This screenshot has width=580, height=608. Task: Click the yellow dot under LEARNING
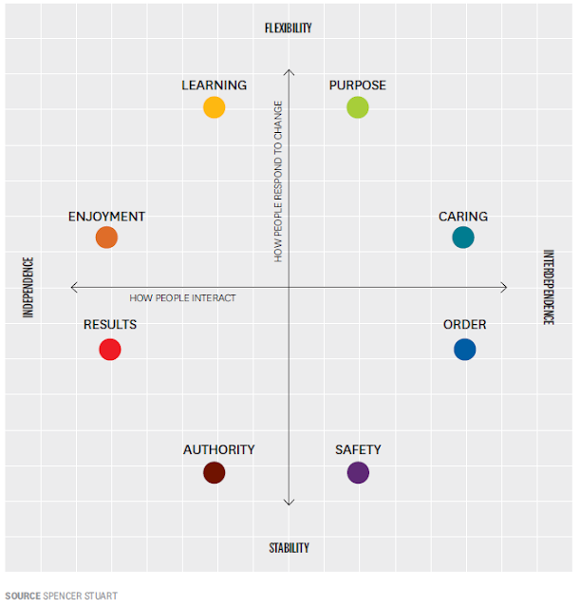215,107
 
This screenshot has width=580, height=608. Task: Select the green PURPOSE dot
357,107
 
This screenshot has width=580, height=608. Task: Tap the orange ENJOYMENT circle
106,237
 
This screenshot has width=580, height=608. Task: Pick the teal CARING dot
463,237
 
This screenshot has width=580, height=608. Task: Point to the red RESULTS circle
110,349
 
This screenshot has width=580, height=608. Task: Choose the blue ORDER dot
464,349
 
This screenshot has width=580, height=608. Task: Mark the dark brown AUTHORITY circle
215,472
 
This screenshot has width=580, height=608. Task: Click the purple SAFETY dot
358,472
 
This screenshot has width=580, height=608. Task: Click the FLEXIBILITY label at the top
288,28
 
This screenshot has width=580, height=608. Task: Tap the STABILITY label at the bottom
289,548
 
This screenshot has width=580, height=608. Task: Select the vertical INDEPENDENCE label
28,287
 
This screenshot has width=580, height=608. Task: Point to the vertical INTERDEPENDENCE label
548,287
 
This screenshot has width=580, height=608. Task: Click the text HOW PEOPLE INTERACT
182,298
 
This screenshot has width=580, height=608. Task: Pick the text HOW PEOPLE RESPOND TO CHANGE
278,180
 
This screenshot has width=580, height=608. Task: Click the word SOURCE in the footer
22,596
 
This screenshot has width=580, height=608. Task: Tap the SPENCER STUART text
81,596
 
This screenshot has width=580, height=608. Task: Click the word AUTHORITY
219,450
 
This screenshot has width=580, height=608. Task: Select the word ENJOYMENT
106,217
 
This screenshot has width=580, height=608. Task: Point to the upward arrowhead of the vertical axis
289,70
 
